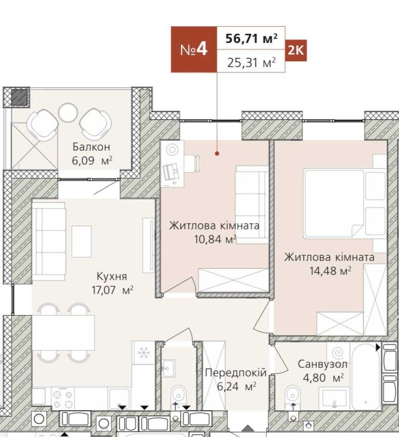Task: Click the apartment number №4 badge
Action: click(194, 50)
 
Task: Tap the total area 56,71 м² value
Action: click(251, 38)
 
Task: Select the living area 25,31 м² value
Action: click(251, 63)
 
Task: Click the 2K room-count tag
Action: click(296, 50)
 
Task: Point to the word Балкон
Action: click(92, 147)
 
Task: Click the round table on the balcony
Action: click(68, 113)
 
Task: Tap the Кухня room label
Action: click(112, 276)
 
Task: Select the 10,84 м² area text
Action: click(215, 239)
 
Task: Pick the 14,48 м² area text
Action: click(330, 270)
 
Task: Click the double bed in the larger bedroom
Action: click(345, 203)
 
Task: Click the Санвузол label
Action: click(323, 364)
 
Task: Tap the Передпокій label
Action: click(236, 372)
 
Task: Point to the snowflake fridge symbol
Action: click(143, 352)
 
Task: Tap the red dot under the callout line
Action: click(217, 153)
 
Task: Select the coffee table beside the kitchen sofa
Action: click(81, 241)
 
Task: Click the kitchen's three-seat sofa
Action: click(49, 241)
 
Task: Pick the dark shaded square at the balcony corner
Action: click(20, 97)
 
